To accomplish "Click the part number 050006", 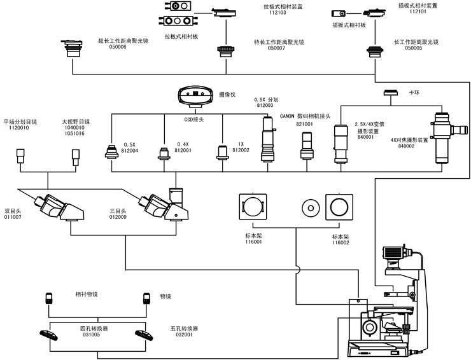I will [117, 47].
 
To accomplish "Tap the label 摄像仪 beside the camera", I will [227, 94].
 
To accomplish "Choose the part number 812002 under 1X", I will [240, 150].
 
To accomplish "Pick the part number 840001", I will [366, 137].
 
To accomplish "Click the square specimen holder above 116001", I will [253, 207].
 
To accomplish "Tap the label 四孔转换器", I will [94, 328].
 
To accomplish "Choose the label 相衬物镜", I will [86, 294].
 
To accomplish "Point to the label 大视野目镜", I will [76, 121].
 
